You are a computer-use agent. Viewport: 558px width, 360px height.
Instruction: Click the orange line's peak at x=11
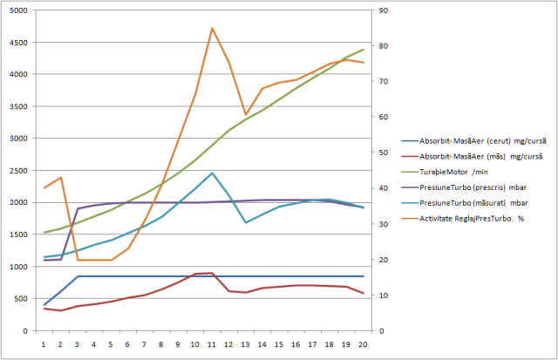(x=212, y=28)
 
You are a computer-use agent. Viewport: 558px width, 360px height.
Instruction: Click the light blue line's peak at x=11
(x=212, y=173)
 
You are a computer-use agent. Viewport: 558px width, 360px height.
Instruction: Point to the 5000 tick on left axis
(x=18, y=10)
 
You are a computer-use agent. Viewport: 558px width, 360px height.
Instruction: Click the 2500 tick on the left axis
(x=18, y=170)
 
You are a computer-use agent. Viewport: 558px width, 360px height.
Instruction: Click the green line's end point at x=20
(x=364, y=50)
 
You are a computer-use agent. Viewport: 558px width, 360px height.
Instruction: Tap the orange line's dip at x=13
(x=246, y=115)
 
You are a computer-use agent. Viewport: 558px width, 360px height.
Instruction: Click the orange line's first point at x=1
(x=44, y=188)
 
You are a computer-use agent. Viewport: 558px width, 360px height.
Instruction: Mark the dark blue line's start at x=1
(x=44, y=305)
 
